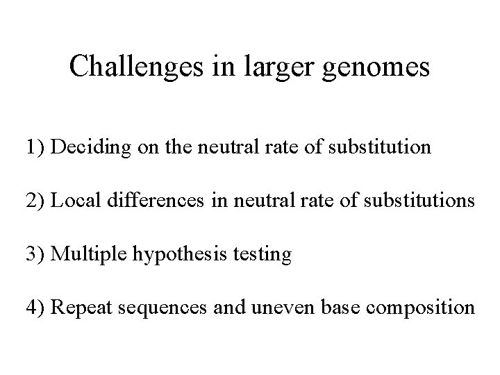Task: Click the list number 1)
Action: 35,148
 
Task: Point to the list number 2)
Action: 35,201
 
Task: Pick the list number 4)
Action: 35,308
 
